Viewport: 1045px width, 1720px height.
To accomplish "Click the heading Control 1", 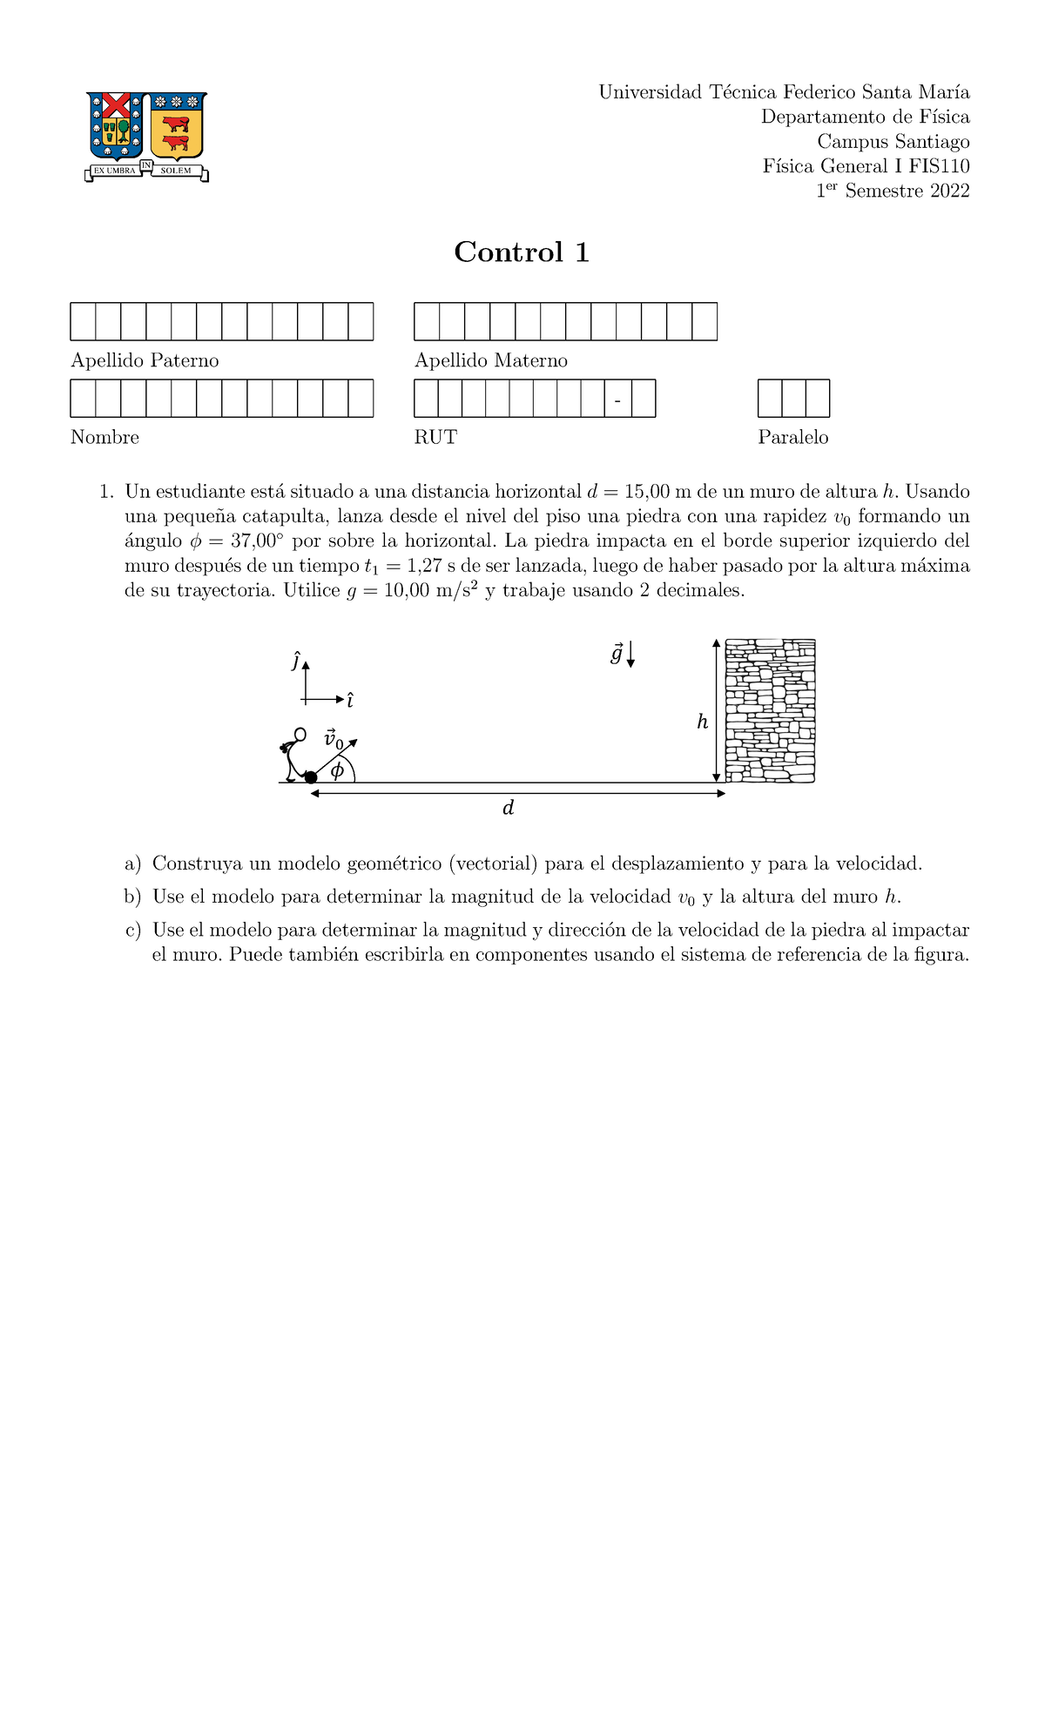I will point(522,252).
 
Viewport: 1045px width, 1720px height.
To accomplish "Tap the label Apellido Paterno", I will point(145,360).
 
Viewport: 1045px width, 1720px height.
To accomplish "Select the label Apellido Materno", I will point(490,360).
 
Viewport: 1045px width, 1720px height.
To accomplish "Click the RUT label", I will point(435,437).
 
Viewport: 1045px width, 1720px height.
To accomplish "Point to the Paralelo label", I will point(792,437).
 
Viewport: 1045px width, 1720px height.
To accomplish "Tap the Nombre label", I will point(104,437).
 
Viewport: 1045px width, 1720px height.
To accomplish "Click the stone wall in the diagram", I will point(770,710).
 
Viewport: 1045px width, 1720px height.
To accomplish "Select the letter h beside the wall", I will point(702,722).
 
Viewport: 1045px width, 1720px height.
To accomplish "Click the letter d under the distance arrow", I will point(509,809).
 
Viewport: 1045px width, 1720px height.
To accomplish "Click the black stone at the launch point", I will point(311,776).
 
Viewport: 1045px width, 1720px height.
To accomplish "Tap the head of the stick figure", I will point(300,735).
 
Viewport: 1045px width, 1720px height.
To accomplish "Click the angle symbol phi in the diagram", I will point(337,770).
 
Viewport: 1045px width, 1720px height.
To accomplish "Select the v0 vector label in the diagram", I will point(333,740).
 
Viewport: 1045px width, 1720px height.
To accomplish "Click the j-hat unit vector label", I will point(296,662).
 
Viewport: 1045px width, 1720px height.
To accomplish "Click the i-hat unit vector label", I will point(350,700).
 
